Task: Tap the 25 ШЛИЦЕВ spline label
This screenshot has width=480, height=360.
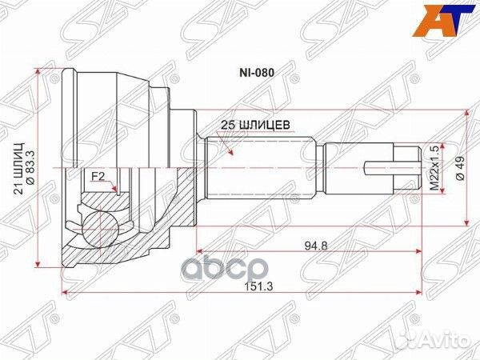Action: tap(255, 125)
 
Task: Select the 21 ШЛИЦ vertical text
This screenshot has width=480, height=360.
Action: tap(19, 168)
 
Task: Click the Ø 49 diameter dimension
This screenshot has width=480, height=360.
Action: tap(460, 168)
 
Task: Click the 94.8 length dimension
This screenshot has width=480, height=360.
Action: tap(316, 246)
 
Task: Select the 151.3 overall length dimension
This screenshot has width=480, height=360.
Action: tap(259, 286)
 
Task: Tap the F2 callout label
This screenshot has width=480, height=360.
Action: tap(98, 176)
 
